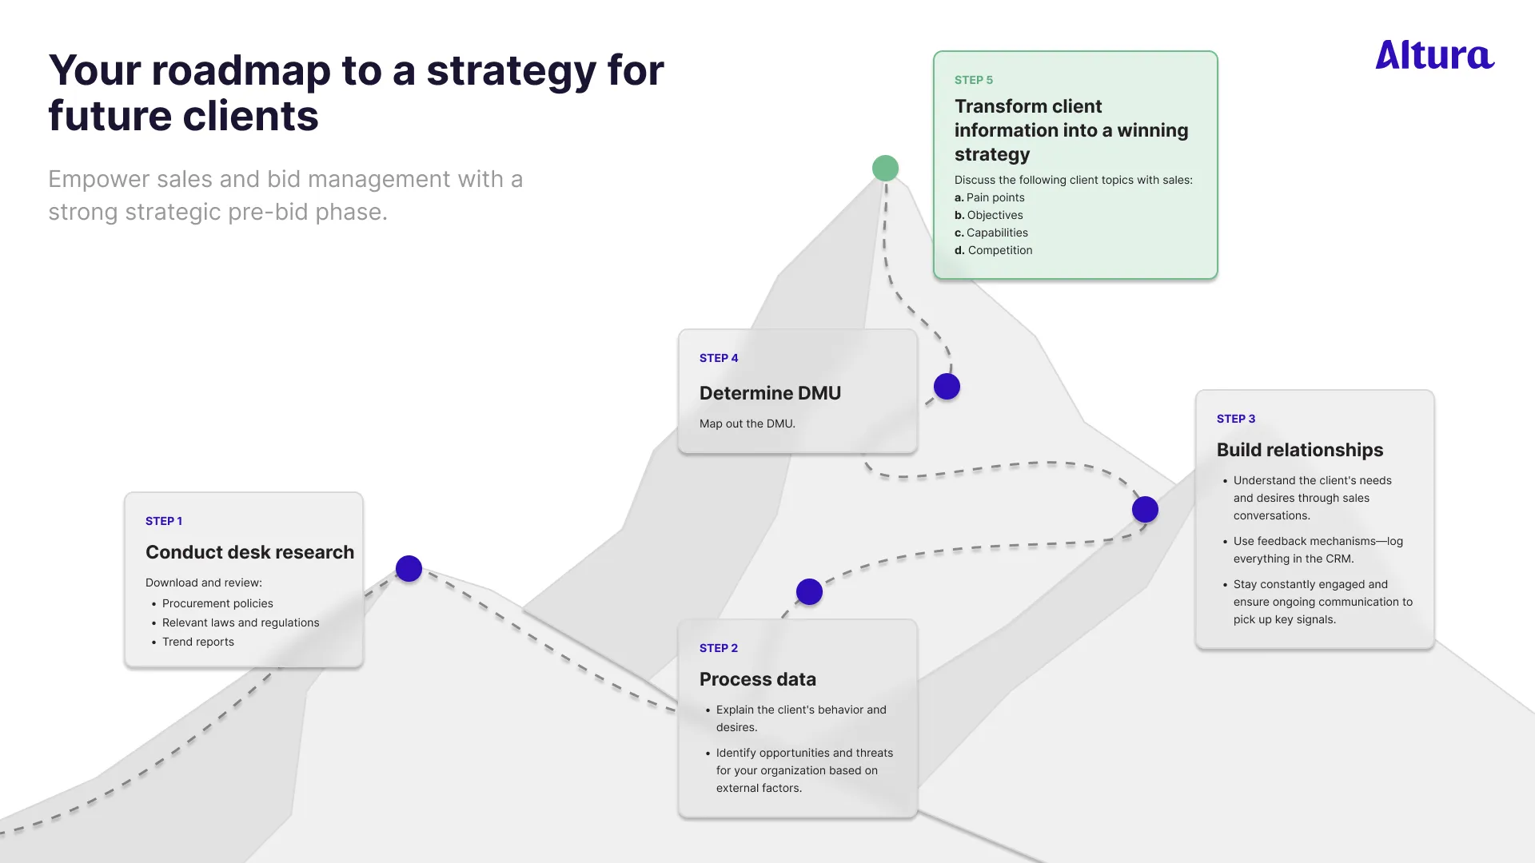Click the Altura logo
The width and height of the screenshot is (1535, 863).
pos(1434,55)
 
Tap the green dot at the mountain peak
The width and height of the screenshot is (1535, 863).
pos(885,169)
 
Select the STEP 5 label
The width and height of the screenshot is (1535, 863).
pos(973,80)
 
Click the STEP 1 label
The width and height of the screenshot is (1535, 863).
pos(164,521)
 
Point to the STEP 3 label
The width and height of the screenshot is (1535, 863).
pos(1235,419)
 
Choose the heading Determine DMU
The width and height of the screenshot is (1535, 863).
pos(770,393)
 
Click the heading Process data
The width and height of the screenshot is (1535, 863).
pos(757,679)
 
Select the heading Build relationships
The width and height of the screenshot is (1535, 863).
pos(1299,450)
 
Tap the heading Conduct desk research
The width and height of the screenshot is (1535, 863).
pos(249,552)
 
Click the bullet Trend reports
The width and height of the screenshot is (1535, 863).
pos(197,642)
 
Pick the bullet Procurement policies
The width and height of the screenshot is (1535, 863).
pos(217,603)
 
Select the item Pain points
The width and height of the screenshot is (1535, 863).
pos(995,197)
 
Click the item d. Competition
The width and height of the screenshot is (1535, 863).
pos(993,250)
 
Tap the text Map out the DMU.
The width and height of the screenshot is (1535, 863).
pos(747,424)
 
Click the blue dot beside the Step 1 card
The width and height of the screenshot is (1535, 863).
pos(409,569)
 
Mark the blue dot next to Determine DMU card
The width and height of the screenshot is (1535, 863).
pos(947,387)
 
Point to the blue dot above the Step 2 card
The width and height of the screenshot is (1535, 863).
pos(809,592)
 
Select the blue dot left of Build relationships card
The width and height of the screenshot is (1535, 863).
pos(1145,510)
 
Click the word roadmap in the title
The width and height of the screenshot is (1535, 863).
pos(241,70)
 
